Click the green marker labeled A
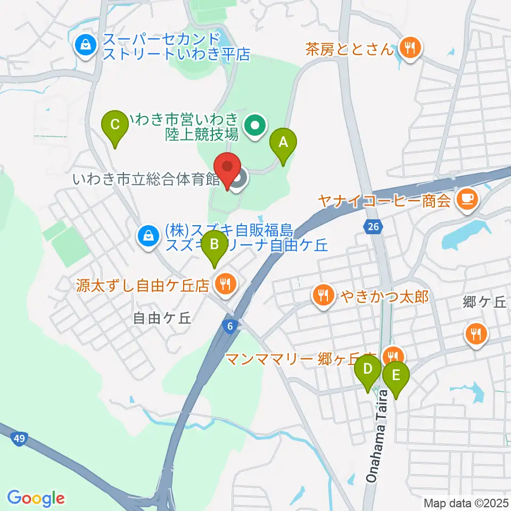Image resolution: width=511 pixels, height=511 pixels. coord(283,143)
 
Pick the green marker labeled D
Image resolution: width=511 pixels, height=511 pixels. coord(368,369)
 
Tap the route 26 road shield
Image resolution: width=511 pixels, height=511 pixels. coord(374,227)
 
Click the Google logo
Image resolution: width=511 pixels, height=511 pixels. coord(36,498)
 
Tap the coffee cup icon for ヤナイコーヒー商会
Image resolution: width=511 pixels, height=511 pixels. coord(468,200)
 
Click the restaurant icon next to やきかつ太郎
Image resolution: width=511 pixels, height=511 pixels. coord(323,294)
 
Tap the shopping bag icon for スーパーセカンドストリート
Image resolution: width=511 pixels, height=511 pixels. coord(86,46)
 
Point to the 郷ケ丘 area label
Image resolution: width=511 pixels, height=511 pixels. coord(484,302)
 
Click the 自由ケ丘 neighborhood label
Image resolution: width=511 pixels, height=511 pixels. coord(161,318)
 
